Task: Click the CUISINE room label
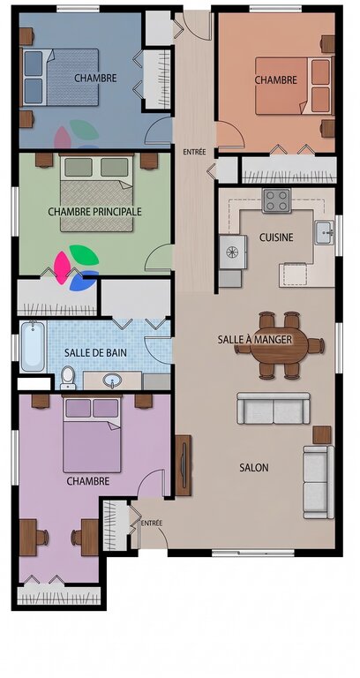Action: pos(276,237)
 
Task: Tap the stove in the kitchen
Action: pos(276,200)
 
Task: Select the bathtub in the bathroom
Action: pos(33,346)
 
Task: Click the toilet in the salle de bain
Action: pos(68,378)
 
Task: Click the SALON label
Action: pos(254,467)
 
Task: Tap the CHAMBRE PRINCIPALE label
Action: pos(94,212)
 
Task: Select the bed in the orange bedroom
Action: pos(294,86)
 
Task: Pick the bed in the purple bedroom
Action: pos(92,434)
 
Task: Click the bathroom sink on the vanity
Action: pos(112,380)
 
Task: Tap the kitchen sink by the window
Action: pos(324,232)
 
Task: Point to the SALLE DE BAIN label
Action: pos(95,352)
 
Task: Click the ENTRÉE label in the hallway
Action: pos(194,152)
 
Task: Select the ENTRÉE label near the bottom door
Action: pos(151,524)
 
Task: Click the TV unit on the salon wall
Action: pos(184,465)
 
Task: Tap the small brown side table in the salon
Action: pos(321,435)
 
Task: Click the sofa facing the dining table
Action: pos(274,408)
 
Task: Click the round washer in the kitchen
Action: pos(233,252)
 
